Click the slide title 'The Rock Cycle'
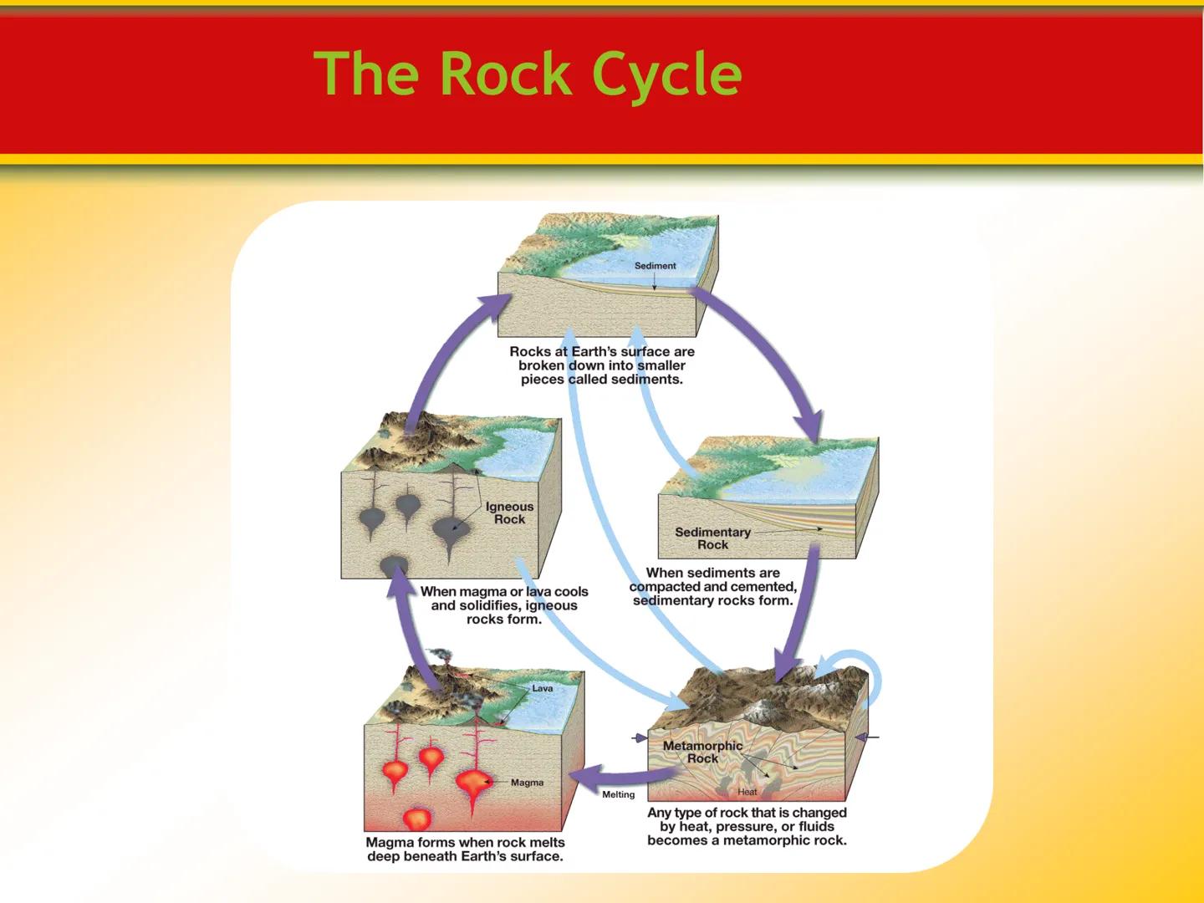[x=528, y=74]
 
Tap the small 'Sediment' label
[x=655, y=266]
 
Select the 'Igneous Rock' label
[x=509, y=513]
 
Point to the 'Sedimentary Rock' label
[x=712, y=538]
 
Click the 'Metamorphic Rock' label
[x=702, y=752]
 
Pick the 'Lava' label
[x=543, y=688]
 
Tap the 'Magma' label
[x=527, y=783]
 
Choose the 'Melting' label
[x=619, y=794]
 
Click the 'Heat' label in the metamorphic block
[x=747, y=792]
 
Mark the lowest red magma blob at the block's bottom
[x=416, y=819]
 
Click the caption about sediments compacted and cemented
[x=713, y=586]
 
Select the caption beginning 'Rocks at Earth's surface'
[x=602, y=365]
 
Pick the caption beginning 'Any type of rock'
[x=747, y=826]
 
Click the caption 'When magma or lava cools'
[x=504, y=605]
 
